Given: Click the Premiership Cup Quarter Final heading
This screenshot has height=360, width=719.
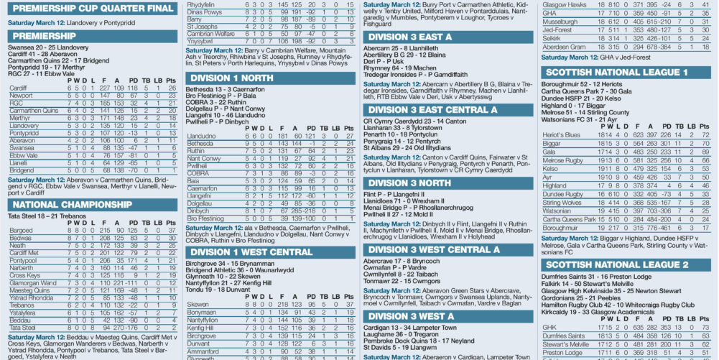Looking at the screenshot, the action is point(91,9).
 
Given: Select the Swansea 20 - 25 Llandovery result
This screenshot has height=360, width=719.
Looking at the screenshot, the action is point(48,47).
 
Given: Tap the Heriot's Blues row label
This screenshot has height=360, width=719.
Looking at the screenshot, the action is point(562,135).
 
